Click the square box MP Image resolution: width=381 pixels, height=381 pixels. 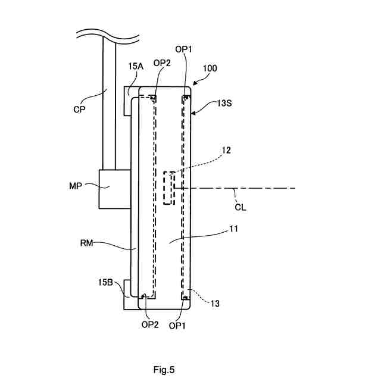click(114, 189)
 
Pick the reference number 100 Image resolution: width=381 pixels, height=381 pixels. click(210, 68)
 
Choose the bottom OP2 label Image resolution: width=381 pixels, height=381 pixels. click(150, 325)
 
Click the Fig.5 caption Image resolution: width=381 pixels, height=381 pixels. click(164, 370)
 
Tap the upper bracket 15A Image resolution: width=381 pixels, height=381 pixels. click(128, 101)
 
